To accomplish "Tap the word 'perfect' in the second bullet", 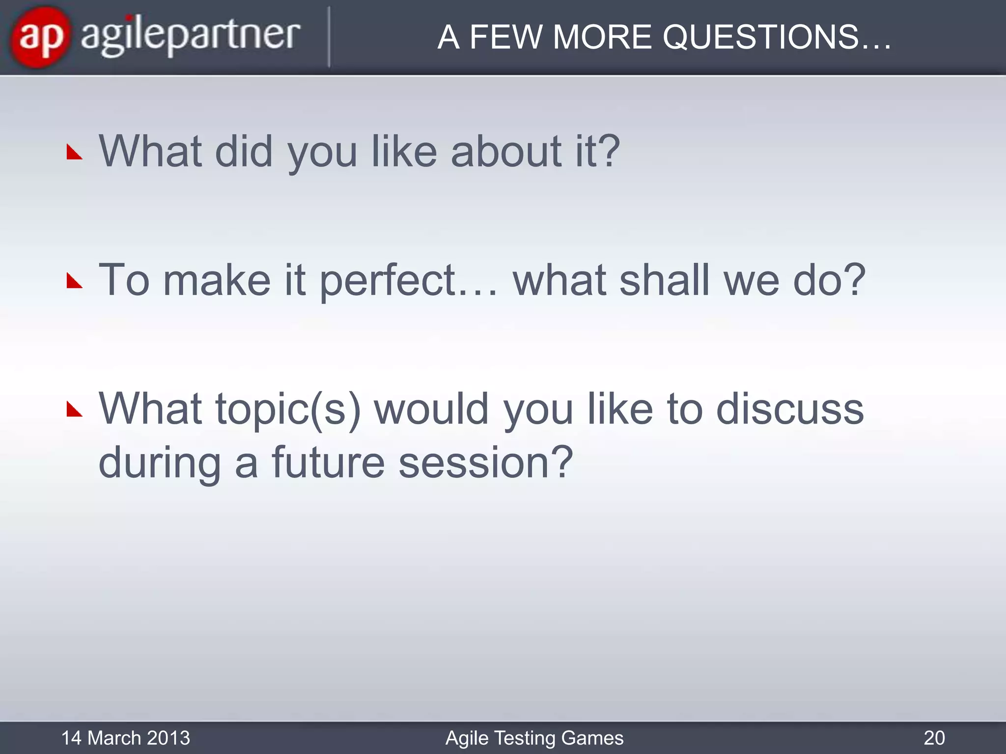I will pyautogui.click(x=388, y=281).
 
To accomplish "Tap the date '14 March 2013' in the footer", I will pyautogui.click(x=126, y=738).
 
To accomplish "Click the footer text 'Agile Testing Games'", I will pyautogui.click(x=534, y=738).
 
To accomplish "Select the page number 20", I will pyautogui.click(x=934, y=738).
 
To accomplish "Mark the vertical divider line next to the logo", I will pyautogui.click(x=329, y=37).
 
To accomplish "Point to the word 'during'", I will pyautogui.click(x=160, y=463).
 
